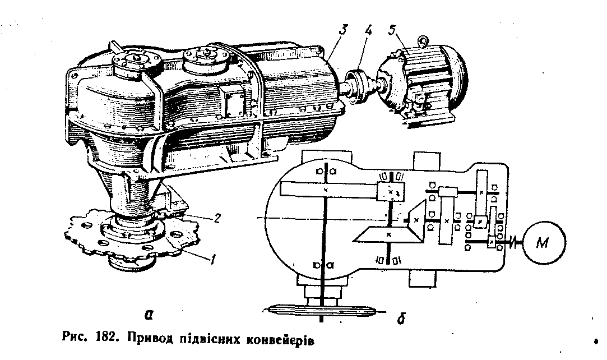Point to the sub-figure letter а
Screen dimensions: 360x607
pyautogui.click(x=149, y=315)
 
